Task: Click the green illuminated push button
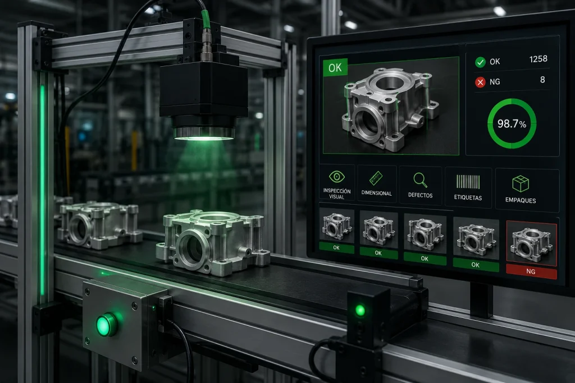coord(107,325)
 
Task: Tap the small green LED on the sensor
coord(360,311)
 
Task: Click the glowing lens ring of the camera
coord(204,133)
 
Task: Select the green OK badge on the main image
coord(335,67)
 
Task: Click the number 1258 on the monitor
coord(539,59)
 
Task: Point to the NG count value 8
coord(542,80)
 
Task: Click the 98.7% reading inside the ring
coord(512,124)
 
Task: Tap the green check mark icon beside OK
coord(480,62)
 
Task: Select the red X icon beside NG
coord(480,82)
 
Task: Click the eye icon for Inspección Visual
coord(337,177)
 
